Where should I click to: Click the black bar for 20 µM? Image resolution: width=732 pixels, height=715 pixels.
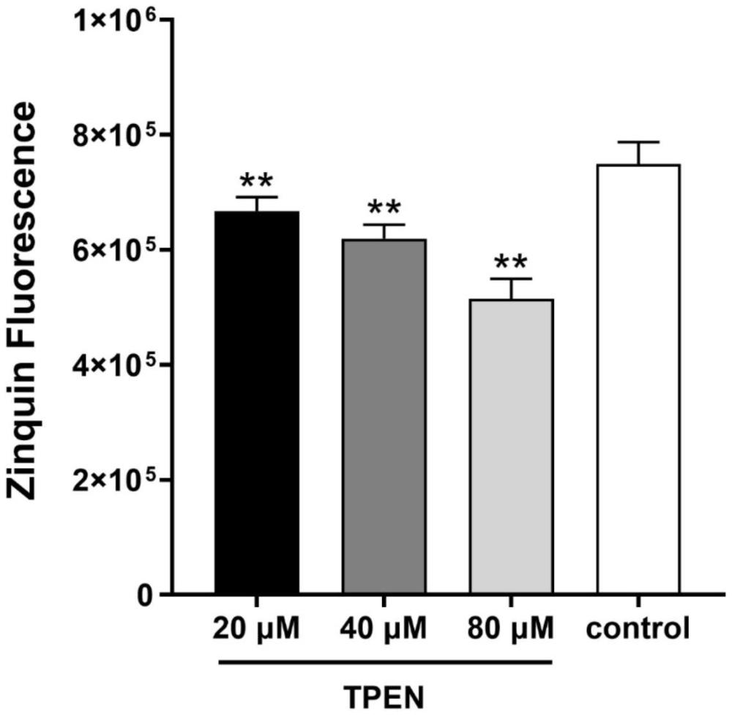(256, 403)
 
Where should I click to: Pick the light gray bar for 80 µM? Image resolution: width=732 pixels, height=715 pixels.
(511, 447)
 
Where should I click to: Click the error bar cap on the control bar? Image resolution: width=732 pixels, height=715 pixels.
(639, 142)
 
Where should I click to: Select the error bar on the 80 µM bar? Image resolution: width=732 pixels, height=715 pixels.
(511, 289)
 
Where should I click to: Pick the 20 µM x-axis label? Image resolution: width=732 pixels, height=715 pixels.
(256, 629)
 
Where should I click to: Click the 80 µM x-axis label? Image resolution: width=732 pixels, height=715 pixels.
(511, 629)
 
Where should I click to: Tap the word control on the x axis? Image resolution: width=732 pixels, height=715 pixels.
(639, 629)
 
